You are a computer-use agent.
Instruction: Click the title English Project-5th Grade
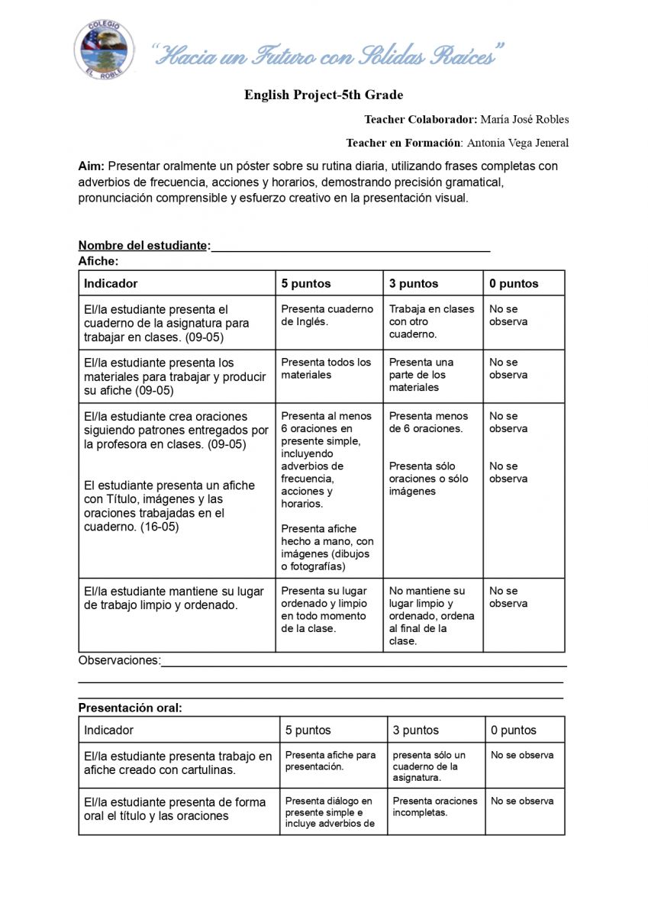(x=324, y=95)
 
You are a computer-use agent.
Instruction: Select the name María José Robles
(x=524, y=119)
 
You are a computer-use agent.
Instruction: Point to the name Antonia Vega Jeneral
(x=517, y=143)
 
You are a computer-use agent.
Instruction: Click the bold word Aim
(x=91, y=166)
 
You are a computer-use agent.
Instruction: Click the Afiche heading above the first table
(x=98, y=261)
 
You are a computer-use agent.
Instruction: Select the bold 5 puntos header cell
(x=306, y=283)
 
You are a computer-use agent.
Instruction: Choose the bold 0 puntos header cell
(x=514, y=283)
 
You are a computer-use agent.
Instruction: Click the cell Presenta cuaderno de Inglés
(x=327, y=315)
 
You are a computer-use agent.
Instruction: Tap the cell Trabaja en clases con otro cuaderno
(x=431, y=321)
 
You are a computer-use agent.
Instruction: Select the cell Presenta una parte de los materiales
(x=421, y=375)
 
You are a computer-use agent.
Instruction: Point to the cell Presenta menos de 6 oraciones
(x=428, y=422)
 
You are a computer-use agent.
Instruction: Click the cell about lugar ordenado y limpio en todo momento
(x=324, y=609)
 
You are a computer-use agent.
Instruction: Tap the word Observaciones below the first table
(x=119, y=660)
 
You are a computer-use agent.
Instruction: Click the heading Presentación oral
(x=131, y=708)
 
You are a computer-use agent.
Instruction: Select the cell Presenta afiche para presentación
(x=330, y=760)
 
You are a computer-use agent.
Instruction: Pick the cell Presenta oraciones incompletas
(x=434, y=806)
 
